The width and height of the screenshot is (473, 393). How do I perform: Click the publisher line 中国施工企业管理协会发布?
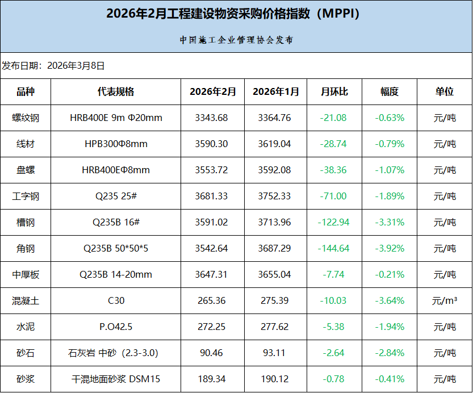(x=236, y=40)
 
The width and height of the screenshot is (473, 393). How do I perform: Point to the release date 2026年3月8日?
(x=76, y=65)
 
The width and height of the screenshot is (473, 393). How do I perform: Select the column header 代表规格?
(x=116, y=91)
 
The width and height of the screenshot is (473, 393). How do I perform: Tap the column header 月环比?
(x=334, y=91)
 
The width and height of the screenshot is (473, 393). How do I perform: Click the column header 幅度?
(x=390, y=91)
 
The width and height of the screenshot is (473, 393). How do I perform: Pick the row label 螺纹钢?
(x=26, y=118)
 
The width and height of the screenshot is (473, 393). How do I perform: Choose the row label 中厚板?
(x=26, y=275)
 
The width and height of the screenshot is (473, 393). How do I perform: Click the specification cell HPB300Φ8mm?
(x=116, y=144)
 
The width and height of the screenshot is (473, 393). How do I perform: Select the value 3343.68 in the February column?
(x=211, y=118)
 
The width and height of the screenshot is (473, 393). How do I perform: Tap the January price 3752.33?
(x=274, y=196)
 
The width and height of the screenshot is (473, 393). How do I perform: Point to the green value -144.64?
(x=334, y=249)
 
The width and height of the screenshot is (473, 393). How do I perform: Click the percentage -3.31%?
(x=390, y=223)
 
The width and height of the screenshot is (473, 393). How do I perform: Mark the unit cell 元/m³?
(x=445, y=301)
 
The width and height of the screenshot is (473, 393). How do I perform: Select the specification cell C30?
(x=116, y=301)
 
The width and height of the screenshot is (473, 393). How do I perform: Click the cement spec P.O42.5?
(x=116, y=327)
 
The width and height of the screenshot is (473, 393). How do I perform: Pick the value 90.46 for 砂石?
(x=211, y=353)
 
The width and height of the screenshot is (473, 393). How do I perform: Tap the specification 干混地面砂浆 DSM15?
(x=116, y=379)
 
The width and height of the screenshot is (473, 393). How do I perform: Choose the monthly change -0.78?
(x=334, y=379)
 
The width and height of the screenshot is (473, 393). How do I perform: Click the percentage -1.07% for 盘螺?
(x=390, y=170)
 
